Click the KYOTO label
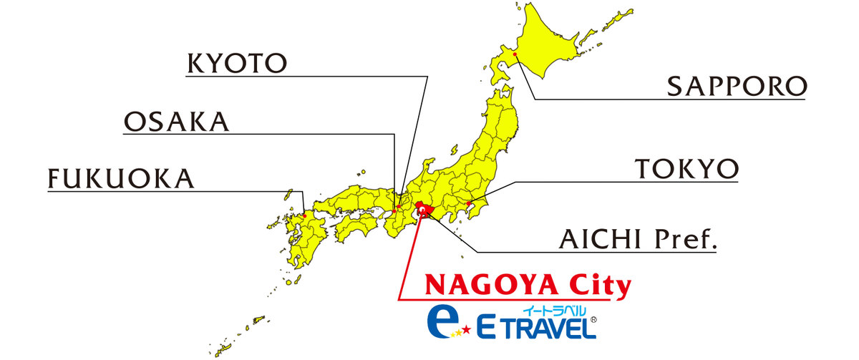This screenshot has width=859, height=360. [x=236, y=64]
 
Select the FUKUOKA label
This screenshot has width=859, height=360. [x=121, y=179]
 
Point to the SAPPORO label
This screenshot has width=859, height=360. [x=737, y=87]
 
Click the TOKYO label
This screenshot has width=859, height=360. [x=686, y=170]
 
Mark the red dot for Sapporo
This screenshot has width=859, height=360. [x=515, y=53]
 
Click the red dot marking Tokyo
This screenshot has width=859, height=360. [x=468, y=204]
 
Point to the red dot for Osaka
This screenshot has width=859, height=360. [x=396, y=210]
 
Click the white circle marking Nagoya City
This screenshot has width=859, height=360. [x=424, y=210]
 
